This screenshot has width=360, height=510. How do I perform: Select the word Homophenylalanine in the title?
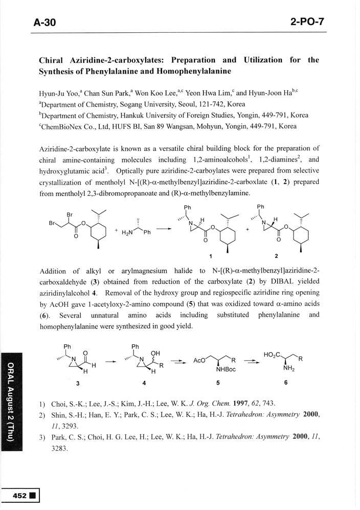pyautogui.click(x=185, y=72)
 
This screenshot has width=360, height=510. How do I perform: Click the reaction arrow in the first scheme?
pyautogui.click(x=164, y=229)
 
